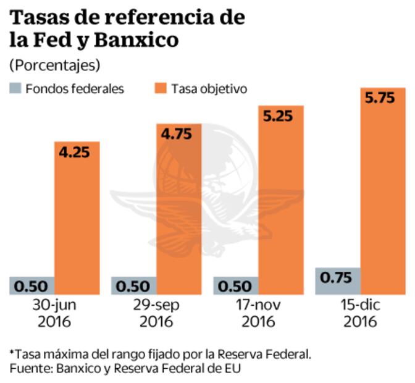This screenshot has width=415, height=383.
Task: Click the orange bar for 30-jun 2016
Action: pos(77,222)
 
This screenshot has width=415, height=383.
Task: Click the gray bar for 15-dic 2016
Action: pos(338,281)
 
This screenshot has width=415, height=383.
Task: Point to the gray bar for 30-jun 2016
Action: pos(32,285)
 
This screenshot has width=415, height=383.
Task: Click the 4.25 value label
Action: pos(77,151)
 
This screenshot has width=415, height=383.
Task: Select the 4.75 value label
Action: pos(178,133)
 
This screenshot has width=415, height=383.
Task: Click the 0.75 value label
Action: pos(338,277)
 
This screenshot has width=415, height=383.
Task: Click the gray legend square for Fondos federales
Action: pos(14,88)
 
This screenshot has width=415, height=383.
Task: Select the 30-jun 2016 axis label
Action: pos(54,313)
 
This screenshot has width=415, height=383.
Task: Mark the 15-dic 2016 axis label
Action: pos(360,313)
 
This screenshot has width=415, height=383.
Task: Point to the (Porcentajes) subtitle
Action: pos(54,65)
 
